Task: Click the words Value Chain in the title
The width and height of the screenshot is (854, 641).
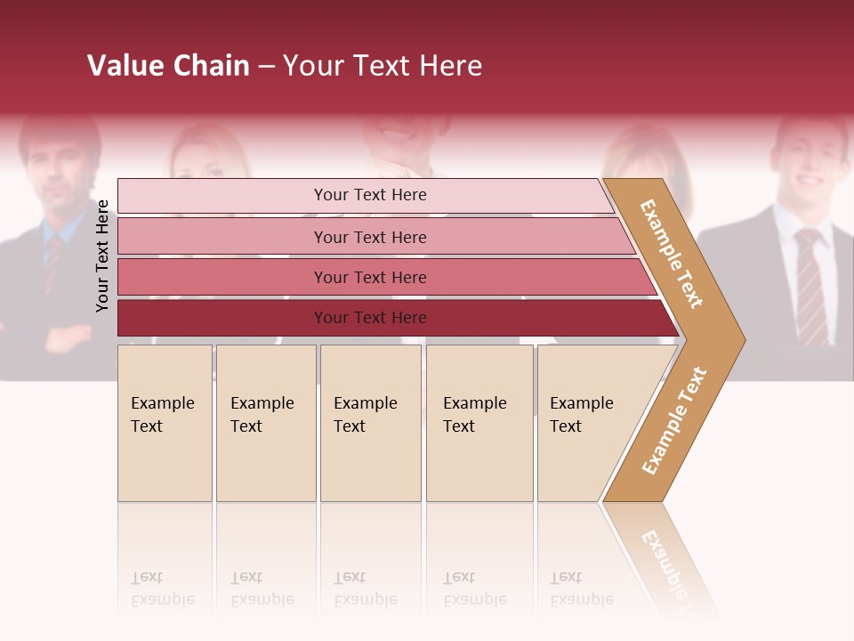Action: [x=168, y=66]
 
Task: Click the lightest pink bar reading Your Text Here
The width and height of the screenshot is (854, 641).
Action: [x=369, y=195]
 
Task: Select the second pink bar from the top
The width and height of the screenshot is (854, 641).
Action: [x=369, y=237]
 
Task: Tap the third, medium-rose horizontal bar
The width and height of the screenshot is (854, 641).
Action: [x=369, y=277]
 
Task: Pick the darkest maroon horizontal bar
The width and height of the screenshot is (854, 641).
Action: [x=369, y=318]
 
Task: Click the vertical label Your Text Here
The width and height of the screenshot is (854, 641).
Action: [x=103, y=256]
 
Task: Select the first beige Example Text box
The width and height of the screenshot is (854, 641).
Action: [x=165, y=423]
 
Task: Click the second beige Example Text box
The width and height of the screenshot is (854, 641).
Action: [x=265, y=423]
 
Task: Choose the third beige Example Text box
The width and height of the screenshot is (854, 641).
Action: [x=369, y=423]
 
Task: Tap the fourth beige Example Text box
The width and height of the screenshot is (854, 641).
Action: [x=479, y=423]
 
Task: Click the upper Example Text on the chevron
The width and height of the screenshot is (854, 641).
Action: [x=672, y=254]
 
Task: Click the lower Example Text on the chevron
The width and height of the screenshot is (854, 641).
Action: [x=674, y=420]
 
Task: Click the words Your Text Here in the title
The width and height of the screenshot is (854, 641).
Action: [x=383, y=66]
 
